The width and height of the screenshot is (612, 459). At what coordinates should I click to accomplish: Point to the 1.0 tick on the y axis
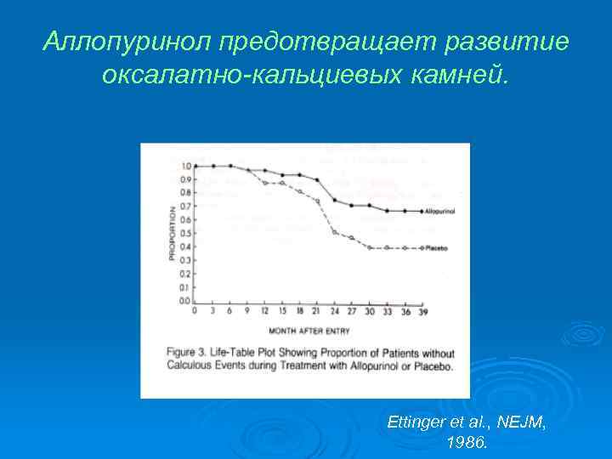[185, 167]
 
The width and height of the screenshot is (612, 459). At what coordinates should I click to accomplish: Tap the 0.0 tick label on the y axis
[185, 302]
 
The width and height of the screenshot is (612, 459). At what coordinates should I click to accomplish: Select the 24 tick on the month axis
[334, 311]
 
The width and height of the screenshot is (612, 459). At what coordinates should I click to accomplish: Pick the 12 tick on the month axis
[264, 311]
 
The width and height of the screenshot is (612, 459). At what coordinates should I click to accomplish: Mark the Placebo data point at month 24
[334, 232]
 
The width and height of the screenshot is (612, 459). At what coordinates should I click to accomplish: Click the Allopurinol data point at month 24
[334, 201]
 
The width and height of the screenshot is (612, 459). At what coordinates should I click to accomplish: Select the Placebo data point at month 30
[369, 247]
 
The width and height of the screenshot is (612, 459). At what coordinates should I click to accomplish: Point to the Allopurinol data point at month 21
[317, 180]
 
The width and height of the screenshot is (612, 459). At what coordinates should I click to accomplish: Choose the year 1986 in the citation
[466, 442]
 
